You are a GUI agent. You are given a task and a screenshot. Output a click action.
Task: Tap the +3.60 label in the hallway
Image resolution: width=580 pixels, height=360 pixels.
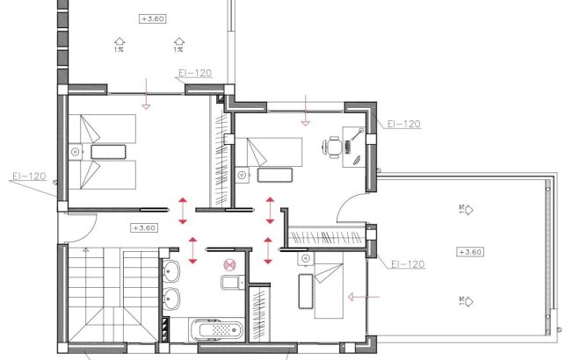[142, 228]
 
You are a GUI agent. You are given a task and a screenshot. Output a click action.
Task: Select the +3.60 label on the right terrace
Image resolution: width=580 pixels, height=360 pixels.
[470, 252]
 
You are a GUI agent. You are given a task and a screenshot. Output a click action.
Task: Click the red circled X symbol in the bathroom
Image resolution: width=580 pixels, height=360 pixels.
[229, 263]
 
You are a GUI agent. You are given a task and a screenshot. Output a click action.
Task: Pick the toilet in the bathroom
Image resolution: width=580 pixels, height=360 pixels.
[230, 282]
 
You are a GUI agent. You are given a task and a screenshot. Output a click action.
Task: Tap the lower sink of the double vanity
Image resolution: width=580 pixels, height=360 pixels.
[172, 299]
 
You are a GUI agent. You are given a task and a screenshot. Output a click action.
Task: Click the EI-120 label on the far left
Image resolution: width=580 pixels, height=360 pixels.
[28, 176]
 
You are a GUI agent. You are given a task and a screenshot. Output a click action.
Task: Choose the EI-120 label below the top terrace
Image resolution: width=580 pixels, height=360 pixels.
[194, 74]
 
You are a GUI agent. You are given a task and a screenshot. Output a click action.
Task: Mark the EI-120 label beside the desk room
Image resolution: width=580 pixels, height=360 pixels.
[404, 125]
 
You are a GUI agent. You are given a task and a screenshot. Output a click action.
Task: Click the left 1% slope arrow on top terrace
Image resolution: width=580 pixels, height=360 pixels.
[119, 42]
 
